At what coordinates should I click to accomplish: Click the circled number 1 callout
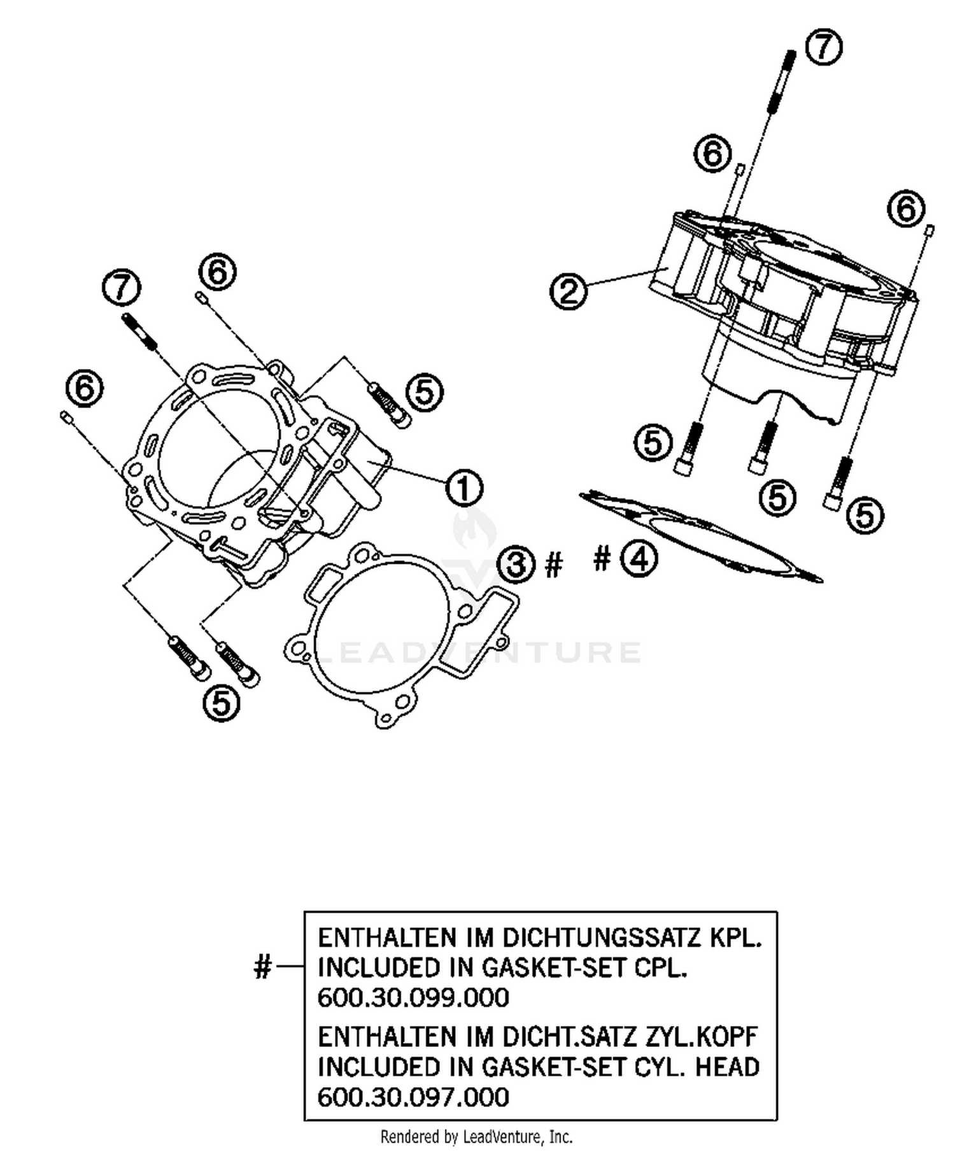pyautogui.click(x=464, y=489)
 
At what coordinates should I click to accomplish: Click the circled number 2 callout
pyautogui.click(x=569, y=292)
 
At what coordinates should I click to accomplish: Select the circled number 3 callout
pyautogui.click(x=516, y=563)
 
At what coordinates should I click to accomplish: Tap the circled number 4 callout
pyautogui.click(x=639, y=559)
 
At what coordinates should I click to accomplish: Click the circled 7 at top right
pyautogui.click(x=823, y=48)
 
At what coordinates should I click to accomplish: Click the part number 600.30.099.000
pyautogui.click(x=413, y=997)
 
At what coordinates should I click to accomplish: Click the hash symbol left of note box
pyautogui.click(x=263, y=967)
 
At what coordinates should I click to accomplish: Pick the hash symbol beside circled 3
pyautogui.click(x=554, y=565)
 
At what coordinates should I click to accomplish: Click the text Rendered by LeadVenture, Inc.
pyautogui.click(x=476, y=1136)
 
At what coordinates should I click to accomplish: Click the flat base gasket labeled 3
pyautogui.click(x=401, y=636)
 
